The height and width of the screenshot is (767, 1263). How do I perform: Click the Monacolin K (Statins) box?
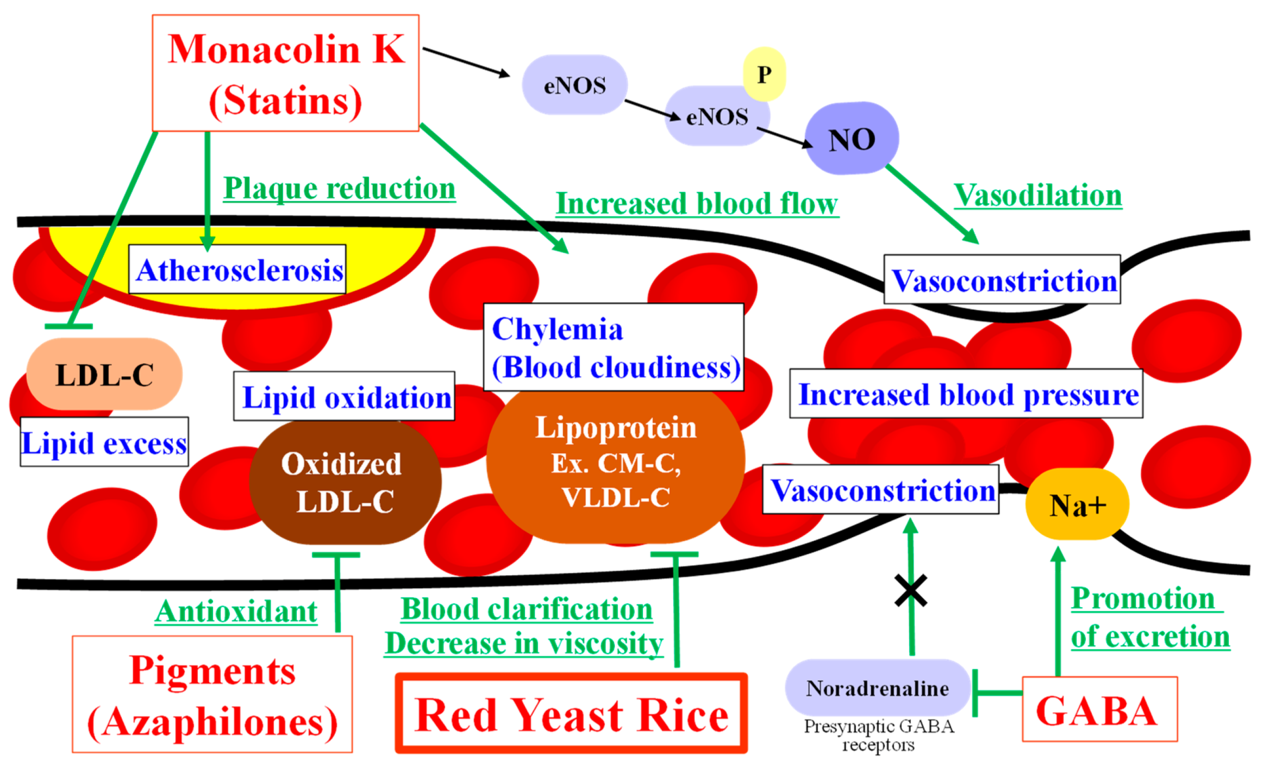pos(285,73)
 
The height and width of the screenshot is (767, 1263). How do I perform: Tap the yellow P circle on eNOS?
pos(764,74)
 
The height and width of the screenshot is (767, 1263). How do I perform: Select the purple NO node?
pos(851,139)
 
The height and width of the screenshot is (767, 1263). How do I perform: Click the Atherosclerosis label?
pos(237,270)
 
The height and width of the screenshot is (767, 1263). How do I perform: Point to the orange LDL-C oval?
pos(104,375)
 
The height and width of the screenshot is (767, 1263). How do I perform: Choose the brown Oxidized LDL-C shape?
pos(344,483)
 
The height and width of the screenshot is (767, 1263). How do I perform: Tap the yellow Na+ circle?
pos(1077,504)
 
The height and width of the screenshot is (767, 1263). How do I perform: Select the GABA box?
pos(1099,709)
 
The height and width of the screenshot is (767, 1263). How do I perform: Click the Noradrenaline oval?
pos(877,688)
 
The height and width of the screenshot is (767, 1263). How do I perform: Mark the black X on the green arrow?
pos(911,590)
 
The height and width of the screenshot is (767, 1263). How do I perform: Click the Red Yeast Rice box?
pos(571,714)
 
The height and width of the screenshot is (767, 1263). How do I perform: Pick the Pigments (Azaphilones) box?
pos(212,694)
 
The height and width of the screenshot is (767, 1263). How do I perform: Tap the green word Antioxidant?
pos(236,612)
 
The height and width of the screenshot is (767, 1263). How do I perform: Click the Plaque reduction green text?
pos(339,188)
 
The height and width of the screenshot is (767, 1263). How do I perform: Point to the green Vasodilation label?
pos(1037,195)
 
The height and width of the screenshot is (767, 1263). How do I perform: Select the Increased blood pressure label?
pos(966,394)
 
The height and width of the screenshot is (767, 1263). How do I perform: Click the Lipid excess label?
pos(104,442)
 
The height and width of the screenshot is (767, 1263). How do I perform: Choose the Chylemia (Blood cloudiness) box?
pos(614,347)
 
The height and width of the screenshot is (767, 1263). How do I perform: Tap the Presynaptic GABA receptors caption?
pos(878,734)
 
